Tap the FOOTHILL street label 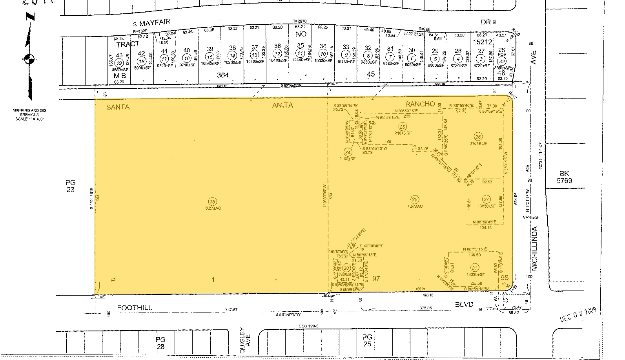(x=134, y=308)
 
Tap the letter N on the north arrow (x=30, y=16)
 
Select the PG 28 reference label (x=160, y=343)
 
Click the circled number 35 (x=414, y=199)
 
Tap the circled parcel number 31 (x=475, y=268)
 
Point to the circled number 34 (x=348, y=152)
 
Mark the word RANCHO (x=420, y=104)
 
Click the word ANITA (x=282, y=105)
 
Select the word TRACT (x=128, y=44)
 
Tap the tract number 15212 (x=483, y=41)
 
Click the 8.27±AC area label (x=213, y=208)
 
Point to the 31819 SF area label (x=478, y=143)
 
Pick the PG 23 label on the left (x=71, y=186)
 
